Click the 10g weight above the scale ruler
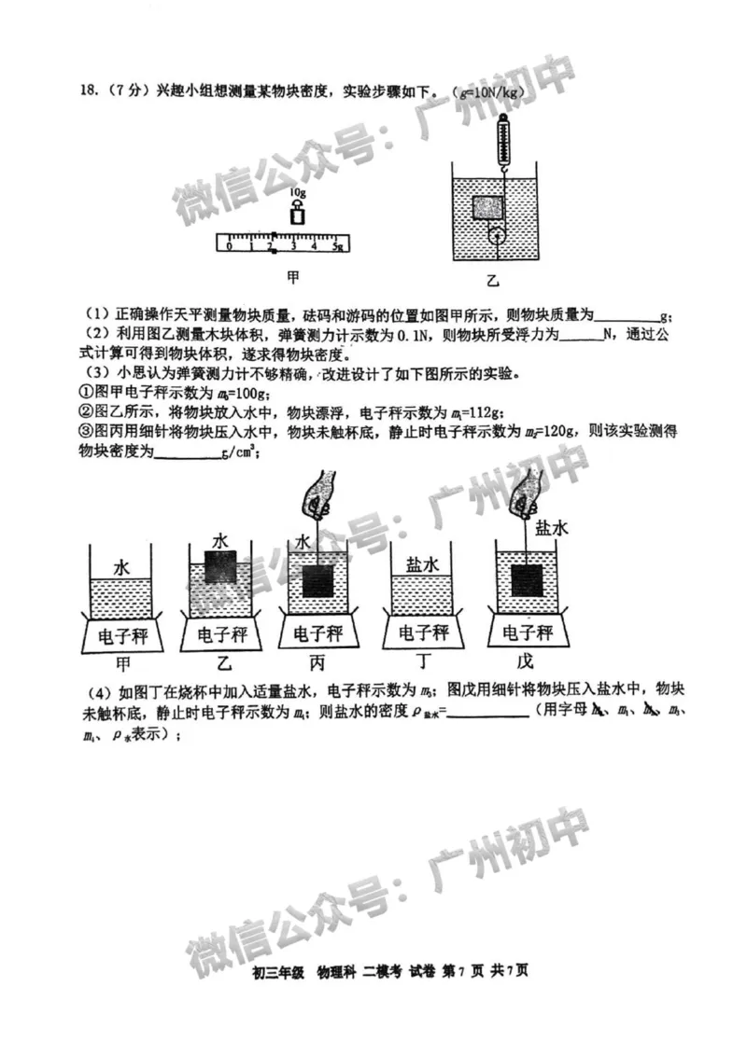coord(298,213)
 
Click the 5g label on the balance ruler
coord(340,246)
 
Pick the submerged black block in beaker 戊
coord(529,580)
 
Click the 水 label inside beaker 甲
coord(120,567)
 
